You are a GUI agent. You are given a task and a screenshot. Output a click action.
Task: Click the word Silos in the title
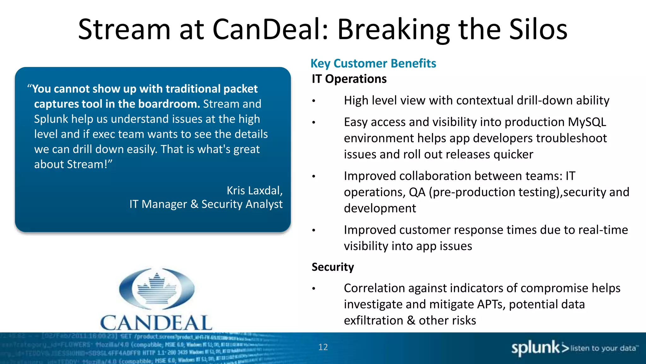point(538,29)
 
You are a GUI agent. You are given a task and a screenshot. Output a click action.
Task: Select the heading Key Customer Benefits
point(373,63)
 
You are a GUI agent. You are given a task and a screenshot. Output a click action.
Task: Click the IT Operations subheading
point(349,79)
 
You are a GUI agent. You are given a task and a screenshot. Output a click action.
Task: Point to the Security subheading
point(333,267)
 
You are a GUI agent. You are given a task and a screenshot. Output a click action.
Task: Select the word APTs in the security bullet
point(491,304)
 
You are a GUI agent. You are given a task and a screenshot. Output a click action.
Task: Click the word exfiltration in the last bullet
point(373,320)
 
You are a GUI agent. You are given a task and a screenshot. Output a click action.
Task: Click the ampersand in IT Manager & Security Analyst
point(194,204)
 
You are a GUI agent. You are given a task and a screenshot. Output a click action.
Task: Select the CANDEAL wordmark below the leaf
point(156,323)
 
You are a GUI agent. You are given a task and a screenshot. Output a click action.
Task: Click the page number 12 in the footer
point(323,347)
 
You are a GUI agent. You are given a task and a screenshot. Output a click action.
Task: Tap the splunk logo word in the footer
point(535,348)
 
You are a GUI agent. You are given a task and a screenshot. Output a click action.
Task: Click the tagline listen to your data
point(603,348)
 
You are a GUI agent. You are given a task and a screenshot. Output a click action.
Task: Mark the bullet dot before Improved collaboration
point(314,176)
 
